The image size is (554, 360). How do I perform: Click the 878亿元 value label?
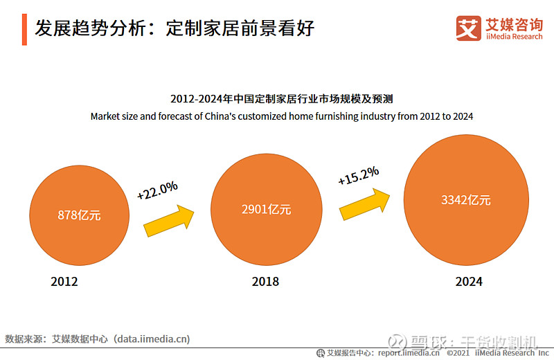click(x=79, y=215)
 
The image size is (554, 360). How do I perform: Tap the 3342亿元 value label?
click(x=466, y=200)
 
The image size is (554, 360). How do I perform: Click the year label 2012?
click(x=64, y=282)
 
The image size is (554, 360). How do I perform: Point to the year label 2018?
click(x=265, y=282)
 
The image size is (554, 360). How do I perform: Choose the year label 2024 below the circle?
click(x=469, y=282)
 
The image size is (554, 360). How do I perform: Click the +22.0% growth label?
click(x=157, y=190)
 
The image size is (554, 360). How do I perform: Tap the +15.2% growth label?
click(x=358, y=176)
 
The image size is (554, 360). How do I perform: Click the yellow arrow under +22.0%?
click(x=168, y=219)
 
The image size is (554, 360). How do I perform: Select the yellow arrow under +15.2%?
click(x=365, y=202)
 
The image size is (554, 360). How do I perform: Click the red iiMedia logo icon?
click(x=469, y=28)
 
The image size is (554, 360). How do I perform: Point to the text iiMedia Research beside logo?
click(x=513, y=37)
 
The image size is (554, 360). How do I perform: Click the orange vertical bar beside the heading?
click(x=25, y=28)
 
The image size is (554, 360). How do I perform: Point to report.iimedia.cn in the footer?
click(x=409, y=352)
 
